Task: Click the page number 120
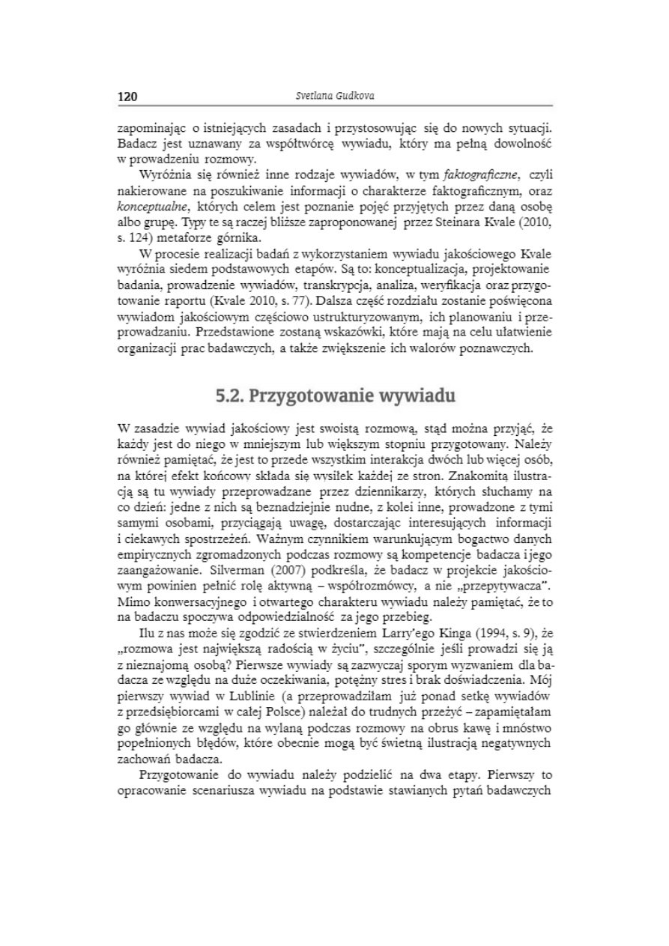126,97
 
